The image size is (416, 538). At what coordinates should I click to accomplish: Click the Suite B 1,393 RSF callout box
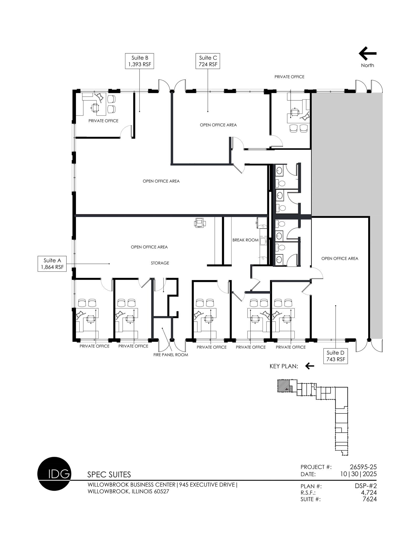coord(140,61)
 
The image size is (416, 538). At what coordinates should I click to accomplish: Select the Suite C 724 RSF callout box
coord(208,61)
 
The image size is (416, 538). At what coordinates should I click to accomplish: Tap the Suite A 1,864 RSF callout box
coord(52,264)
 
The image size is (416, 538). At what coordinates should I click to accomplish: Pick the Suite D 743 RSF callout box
coord(336,356)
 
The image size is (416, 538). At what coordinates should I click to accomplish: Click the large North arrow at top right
coord(367,54)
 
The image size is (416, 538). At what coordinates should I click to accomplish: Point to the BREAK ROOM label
coord(245,240)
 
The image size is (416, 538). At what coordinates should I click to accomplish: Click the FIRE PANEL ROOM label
coord(171,355)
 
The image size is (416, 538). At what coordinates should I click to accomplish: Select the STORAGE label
coord(160,263)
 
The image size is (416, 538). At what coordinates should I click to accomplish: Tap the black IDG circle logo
coord(54,474)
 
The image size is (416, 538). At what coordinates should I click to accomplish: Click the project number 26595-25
coord(363,467)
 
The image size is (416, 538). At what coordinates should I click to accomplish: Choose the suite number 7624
coord(369,499)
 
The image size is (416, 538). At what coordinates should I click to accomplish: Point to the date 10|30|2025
coord(358,474)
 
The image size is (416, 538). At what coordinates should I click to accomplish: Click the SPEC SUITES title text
coord(109,475)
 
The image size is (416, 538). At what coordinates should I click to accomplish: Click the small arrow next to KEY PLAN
coord(310,366)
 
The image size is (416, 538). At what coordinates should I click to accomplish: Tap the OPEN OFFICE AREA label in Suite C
coord(218,125)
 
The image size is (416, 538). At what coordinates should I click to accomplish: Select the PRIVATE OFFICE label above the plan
coord(289,77)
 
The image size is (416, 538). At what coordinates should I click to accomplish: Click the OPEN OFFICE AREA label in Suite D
coord(340,259)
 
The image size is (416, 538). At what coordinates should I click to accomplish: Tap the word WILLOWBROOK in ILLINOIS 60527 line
coord(108,492)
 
